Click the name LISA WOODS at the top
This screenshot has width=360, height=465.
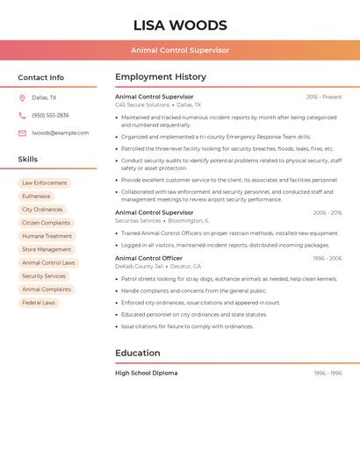180,25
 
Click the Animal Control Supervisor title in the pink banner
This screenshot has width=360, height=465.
180,50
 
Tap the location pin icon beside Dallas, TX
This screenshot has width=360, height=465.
22,98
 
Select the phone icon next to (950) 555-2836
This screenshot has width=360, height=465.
22,116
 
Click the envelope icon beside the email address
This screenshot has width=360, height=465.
22,133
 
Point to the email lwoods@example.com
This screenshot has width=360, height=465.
61,133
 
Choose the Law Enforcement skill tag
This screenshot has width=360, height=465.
45,183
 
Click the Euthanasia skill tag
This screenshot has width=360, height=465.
36,197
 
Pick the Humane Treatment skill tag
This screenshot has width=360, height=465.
47,236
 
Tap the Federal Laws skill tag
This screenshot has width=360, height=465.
39,303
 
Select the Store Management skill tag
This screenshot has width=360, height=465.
47,249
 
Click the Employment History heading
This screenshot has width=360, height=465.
161,77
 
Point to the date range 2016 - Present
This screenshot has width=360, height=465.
324,97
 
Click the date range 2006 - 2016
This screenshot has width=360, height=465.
328,213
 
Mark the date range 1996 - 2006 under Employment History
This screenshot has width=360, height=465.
328,259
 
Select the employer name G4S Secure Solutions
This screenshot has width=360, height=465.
142,105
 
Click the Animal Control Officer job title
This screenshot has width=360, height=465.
148,258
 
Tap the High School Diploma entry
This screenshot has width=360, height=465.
146,373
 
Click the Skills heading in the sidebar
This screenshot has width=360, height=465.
28,160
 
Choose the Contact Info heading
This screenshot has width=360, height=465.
41,77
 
